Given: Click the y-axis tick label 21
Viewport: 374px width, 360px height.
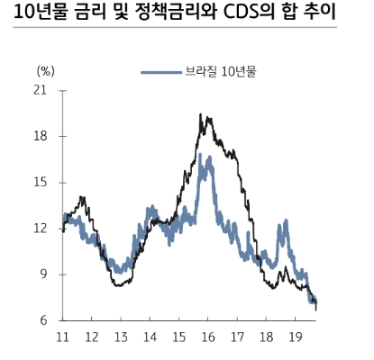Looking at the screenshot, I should coord(40,90).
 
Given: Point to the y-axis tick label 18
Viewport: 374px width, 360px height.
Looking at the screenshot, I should coord(40,136).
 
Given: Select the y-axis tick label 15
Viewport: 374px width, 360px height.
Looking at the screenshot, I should coord(40,182).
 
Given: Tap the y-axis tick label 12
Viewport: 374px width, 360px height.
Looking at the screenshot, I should coord(40,229).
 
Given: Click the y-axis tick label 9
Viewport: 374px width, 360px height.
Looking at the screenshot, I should coord(43,274).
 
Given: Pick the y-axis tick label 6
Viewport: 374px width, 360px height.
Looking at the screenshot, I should coord(43,320).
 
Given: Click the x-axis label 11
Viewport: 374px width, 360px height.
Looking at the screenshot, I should coord(63,337).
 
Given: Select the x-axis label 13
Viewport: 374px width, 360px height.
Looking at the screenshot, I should coord(121,337).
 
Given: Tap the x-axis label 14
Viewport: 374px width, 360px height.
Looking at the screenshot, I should coord(150,337).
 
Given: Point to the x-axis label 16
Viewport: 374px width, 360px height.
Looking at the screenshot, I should coord(207,337).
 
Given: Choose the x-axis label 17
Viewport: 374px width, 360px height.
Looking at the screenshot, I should coord(236,337).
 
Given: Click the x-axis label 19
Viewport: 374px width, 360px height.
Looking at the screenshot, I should coord(294,337).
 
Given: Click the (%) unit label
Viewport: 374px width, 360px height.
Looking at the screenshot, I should coord(46,69).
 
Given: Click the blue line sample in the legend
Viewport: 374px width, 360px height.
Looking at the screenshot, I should coord(161,72).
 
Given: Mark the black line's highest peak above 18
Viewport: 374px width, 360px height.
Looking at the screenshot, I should coord(200,115).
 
